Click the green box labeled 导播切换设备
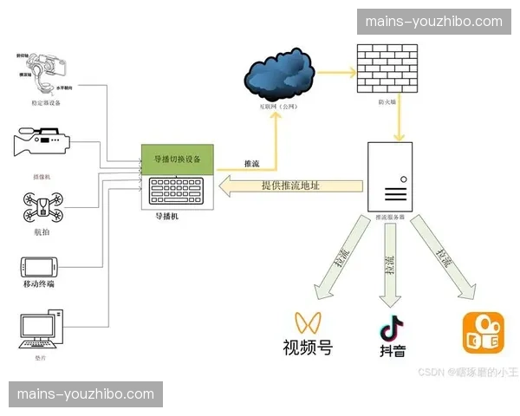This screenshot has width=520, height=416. tap(178, 159)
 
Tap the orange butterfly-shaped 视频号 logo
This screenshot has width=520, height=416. tap(307, 322)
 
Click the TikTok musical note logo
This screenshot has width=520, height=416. tap(392, 328)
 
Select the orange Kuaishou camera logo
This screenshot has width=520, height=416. tap(483, 332)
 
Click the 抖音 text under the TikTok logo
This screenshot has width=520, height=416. tap(392, 352)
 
